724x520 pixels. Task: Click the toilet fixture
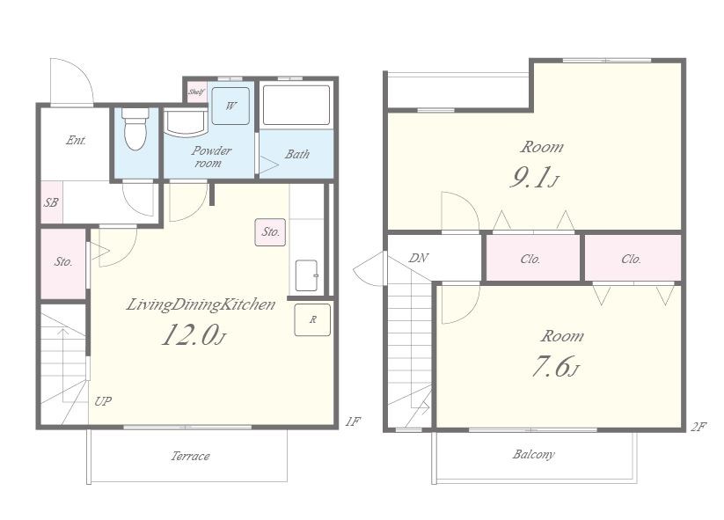[x=135, y=128]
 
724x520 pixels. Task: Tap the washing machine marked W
[x=230, y=106]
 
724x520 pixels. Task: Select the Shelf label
[x=196, y=92]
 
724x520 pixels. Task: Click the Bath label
[x=296, y=154]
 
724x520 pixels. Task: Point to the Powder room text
[x=211, y=157]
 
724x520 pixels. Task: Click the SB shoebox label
[x=51, y=202]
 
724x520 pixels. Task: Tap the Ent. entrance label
[x=77, y=140]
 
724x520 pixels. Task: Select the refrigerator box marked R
[x=312, y=319]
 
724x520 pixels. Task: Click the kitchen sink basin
[x=307, y=275]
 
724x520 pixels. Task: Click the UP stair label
[x=103, y=401]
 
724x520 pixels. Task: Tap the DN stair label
[x=419, y=258]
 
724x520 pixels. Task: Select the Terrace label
[x=190, y=457]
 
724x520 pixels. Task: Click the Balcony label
[x=533, y=454]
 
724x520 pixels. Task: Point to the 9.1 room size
[x=530, y=178]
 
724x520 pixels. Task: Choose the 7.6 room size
[x=550, y=367]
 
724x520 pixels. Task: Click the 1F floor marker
[x=353, y=421]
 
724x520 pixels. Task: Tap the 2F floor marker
[x=698, y=427]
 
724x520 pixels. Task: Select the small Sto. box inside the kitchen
[x=271, y=231]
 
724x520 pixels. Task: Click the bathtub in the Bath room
[x=296, y=106]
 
